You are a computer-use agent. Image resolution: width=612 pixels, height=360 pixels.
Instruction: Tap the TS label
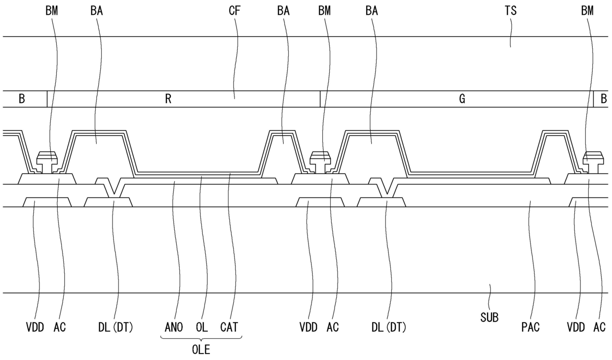point(511,10)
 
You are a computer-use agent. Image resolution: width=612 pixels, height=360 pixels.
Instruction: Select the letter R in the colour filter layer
point(168,99)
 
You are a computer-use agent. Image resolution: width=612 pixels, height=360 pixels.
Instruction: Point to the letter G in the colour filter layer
point(462,99)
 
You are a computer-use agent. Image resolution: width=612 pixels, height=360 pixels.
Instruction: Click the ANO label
point(173,327)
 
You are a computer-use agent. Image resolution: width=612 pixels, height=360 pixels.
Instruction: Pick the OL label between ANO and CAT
point(202,327)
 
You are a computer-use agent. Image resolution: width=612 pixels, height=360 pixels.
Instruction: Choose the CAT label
point(230,327)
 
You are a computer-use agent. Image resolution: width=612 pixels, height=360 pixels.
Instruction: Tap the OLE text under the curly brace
point(201,350)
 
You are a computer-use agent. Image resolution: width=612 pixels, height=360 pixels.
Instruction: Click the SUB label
point(489,318)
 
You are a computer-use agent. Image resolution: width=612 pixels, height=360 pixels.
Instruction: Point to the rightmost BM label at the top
point(587,10)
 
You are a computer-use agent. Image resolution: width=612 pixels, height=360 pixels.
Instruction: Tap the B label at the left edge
point(22,99)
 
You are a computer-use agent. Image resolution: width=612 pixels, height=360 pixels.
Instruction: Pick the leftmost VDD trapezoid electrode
point(47,202)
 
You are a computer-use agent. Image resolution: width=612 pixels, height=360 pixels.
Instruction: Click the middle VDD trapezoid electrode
point(320,202)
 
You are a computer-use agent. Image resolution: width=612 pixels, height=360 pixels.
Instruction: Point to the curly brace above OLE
point(201,338)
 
